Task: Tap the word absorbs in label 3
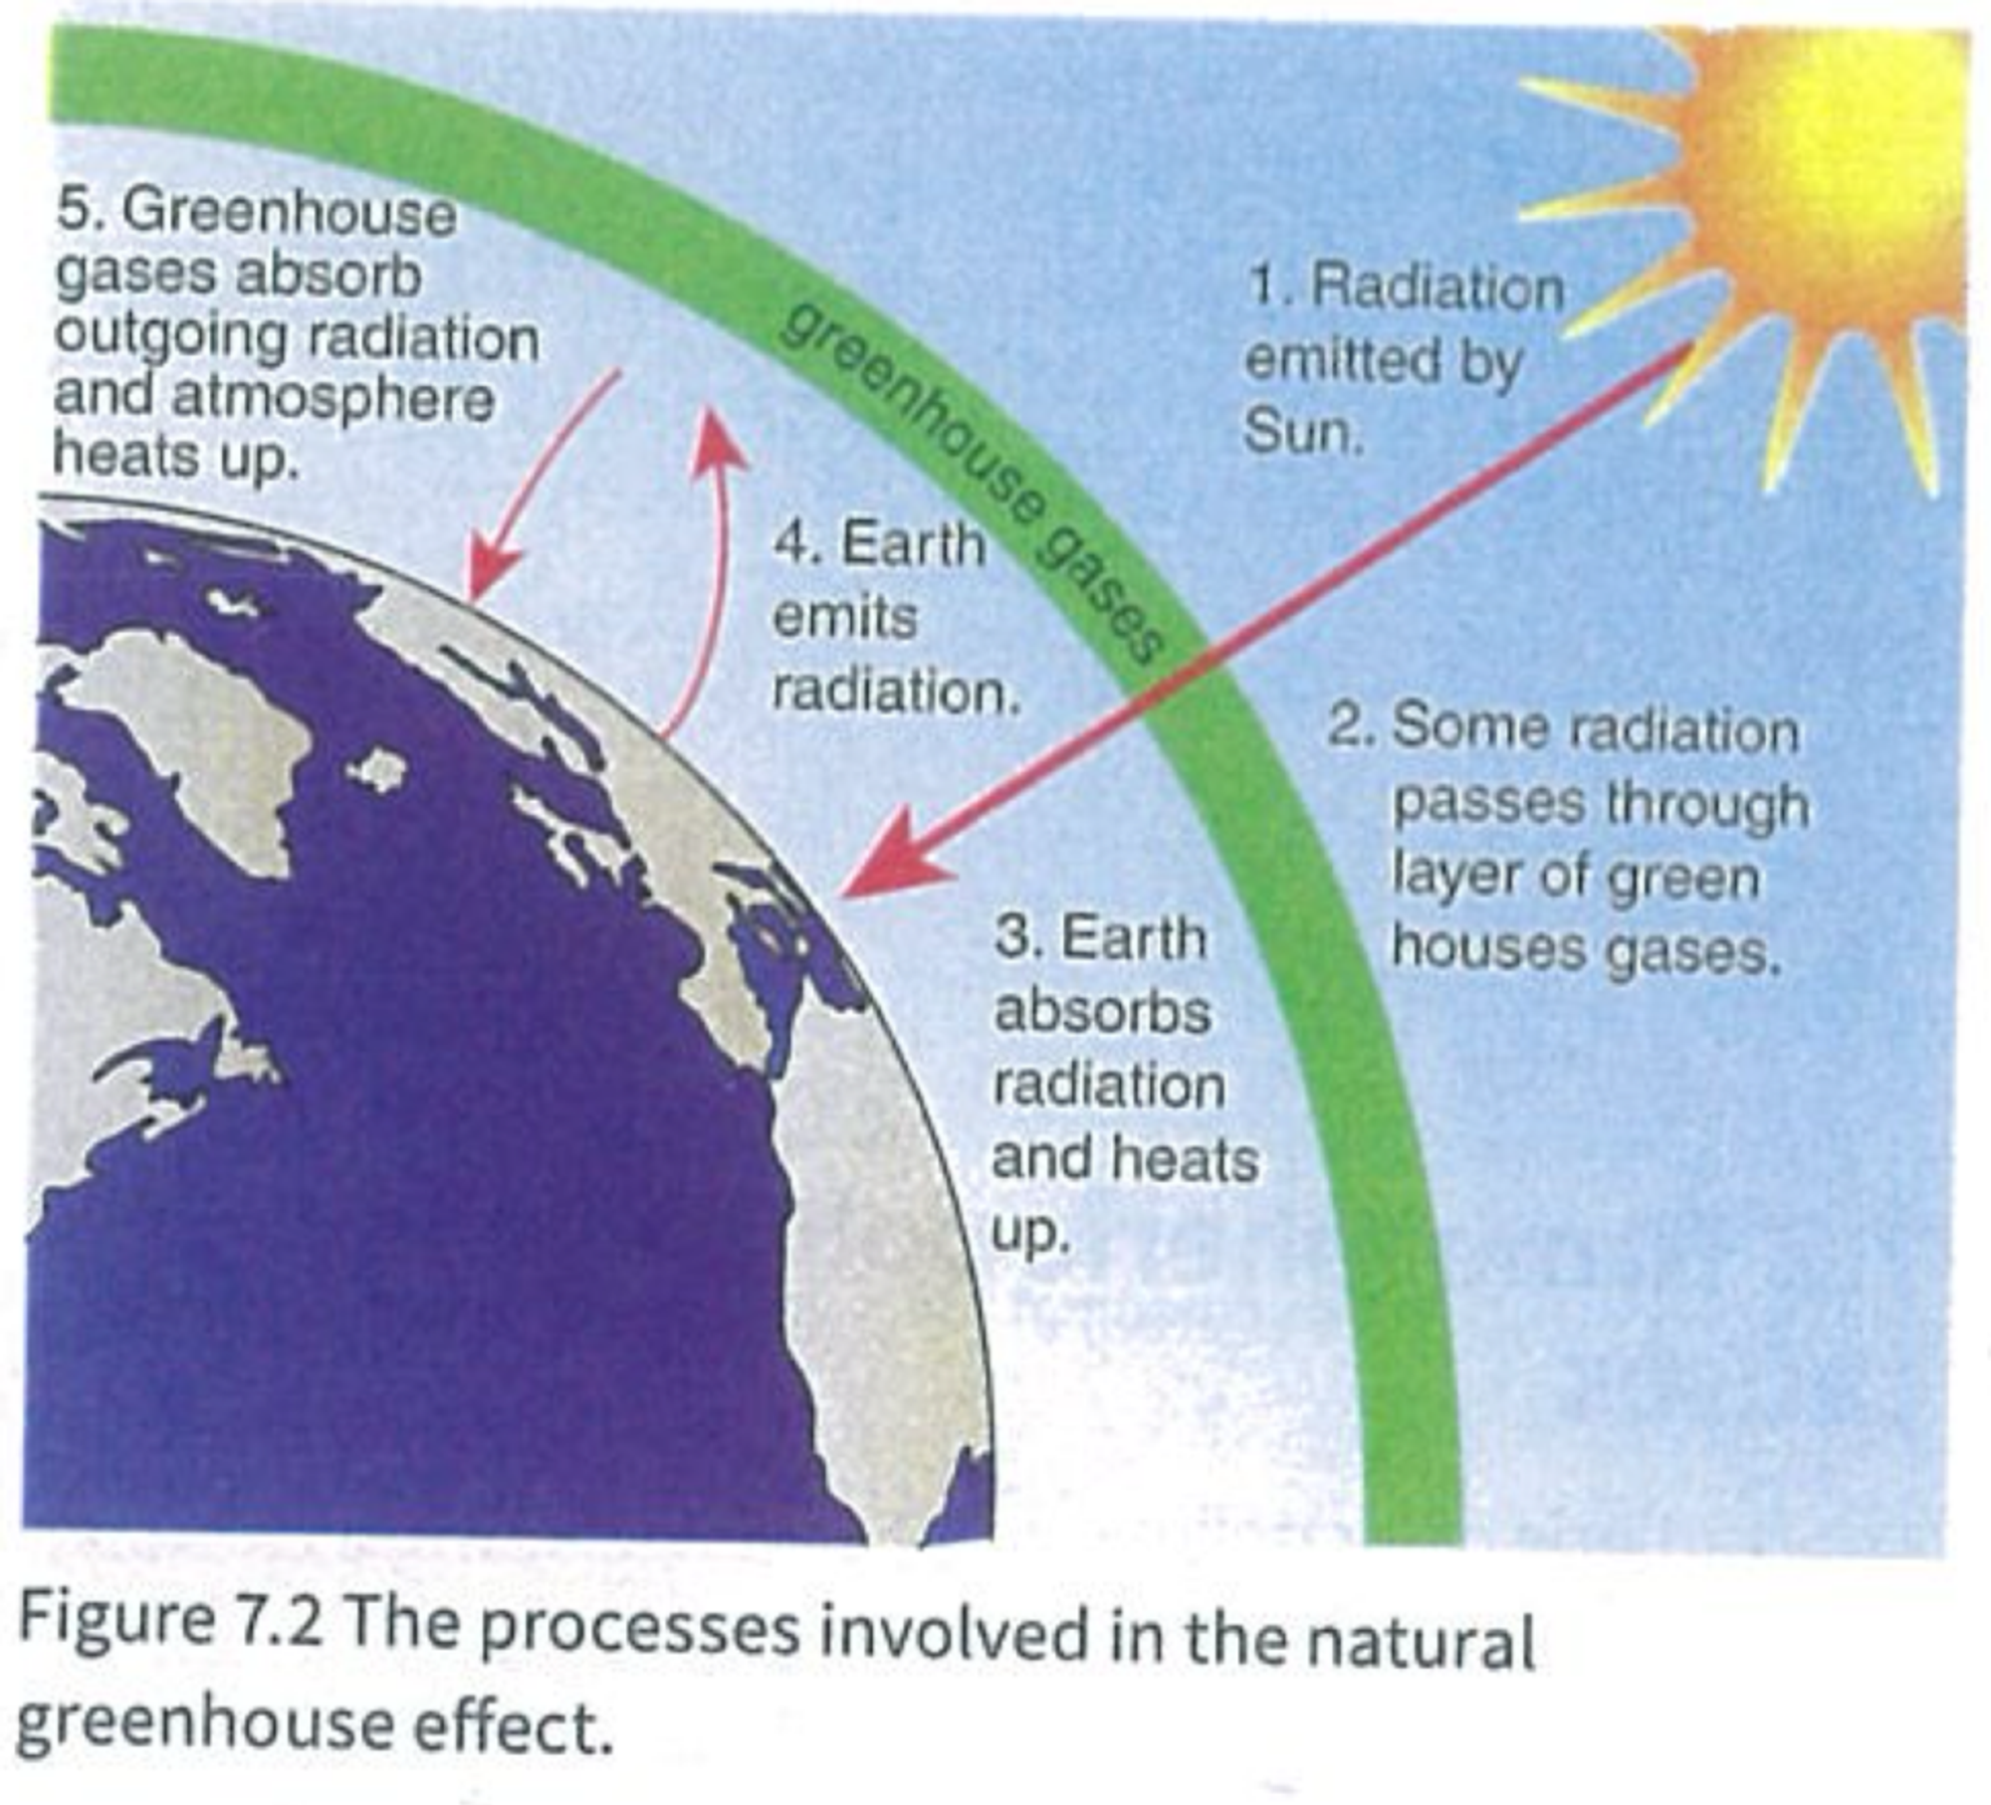click(x=1103, y=1012)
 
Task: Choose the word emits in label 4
click(x=845, y=618)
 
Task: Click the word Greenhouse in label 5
click(x=290, y=213)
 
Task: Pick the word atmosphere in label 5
click(x=333, y=400)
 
